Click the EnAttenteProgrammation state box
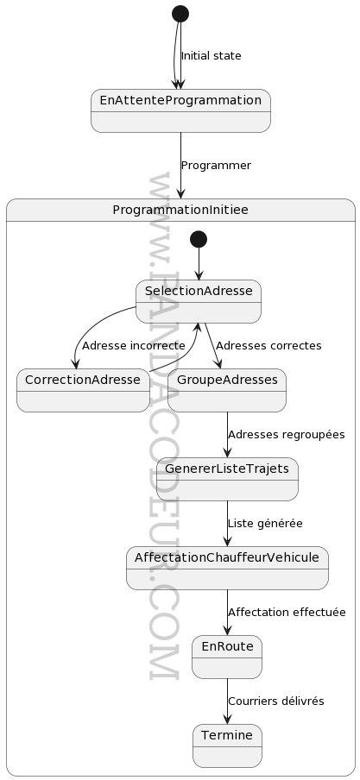coord(180,111)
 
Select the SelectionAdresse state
coord(199,301)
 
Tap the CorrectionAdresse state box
coord(83,391)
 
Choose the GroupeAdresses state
coord(227,391)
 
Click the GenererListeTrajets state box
coord(227,480)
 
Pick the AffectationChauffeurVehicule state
coord(227,568)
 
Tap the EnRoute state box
coord(227,657)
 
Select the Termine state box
coord(227,745)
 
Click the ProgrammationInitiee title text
coord(180,210)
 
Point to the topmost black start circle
coord(180,14)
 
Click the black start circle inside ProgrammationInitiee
coord(199,239)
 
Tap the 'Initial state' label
coord(212,56)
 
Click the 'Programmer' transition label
coord(216,166)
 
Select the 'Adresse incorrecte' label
coord(134,345)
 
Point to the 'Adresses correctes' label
coord(268,345)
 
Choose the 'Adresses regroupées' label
coord(287,434)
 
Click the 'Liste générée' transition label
coord(265,524)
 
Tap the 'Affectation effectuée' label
coord(287,612)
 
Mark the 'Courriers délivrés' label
coord(276,701)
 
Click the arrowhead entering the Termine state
coord(227,719)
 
